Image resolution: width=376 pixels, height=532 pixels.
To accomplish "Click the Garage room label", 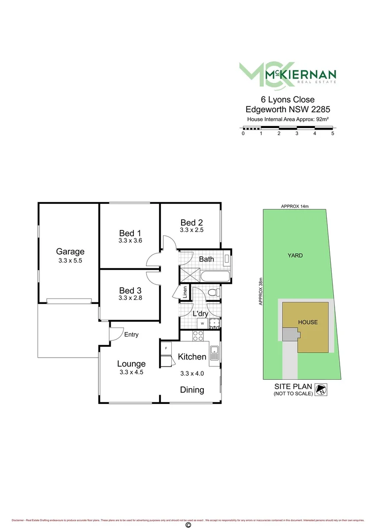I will tap(69, 251).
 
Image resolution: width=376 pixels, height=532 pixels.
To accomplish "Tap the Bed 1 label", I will tap(130, 233).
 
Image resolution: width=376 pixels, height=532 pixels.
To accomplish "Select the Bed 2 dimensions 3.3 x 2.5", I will tap(191, 230).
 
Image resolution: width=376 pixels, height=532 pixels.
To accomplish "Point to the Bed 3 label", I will tap(130, 291).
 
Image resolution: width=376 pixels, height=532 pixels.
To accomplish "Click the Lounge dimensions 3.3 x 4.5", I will tap(131, 372).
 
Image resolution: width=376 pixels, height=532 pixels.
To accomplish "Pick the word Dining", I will tap(192, 390).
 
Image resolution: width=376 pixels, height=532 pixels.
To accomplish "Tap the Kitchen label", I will tap(191, 357).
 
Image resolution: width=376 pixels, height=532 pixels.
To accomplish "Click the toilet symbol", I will tap(214, 293).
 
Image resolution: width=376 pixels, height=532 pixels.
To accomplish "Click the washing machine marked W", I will tap(202, 324).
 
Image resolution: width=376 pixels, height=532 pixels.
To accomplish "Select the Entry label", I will tap(131, 334).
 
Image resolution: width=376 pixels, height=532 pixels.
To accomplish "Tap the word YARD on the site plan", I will tap(295, 256).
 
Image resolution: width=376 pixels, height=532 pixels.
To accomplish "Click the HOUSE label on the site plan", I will tap(308, 323).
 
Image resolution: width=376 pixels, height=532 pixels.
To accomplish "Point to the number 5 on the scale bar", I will tap(333, 133).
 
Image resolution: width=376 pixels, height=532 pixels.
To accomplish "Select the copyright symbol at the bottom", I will tap(188, 525).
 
